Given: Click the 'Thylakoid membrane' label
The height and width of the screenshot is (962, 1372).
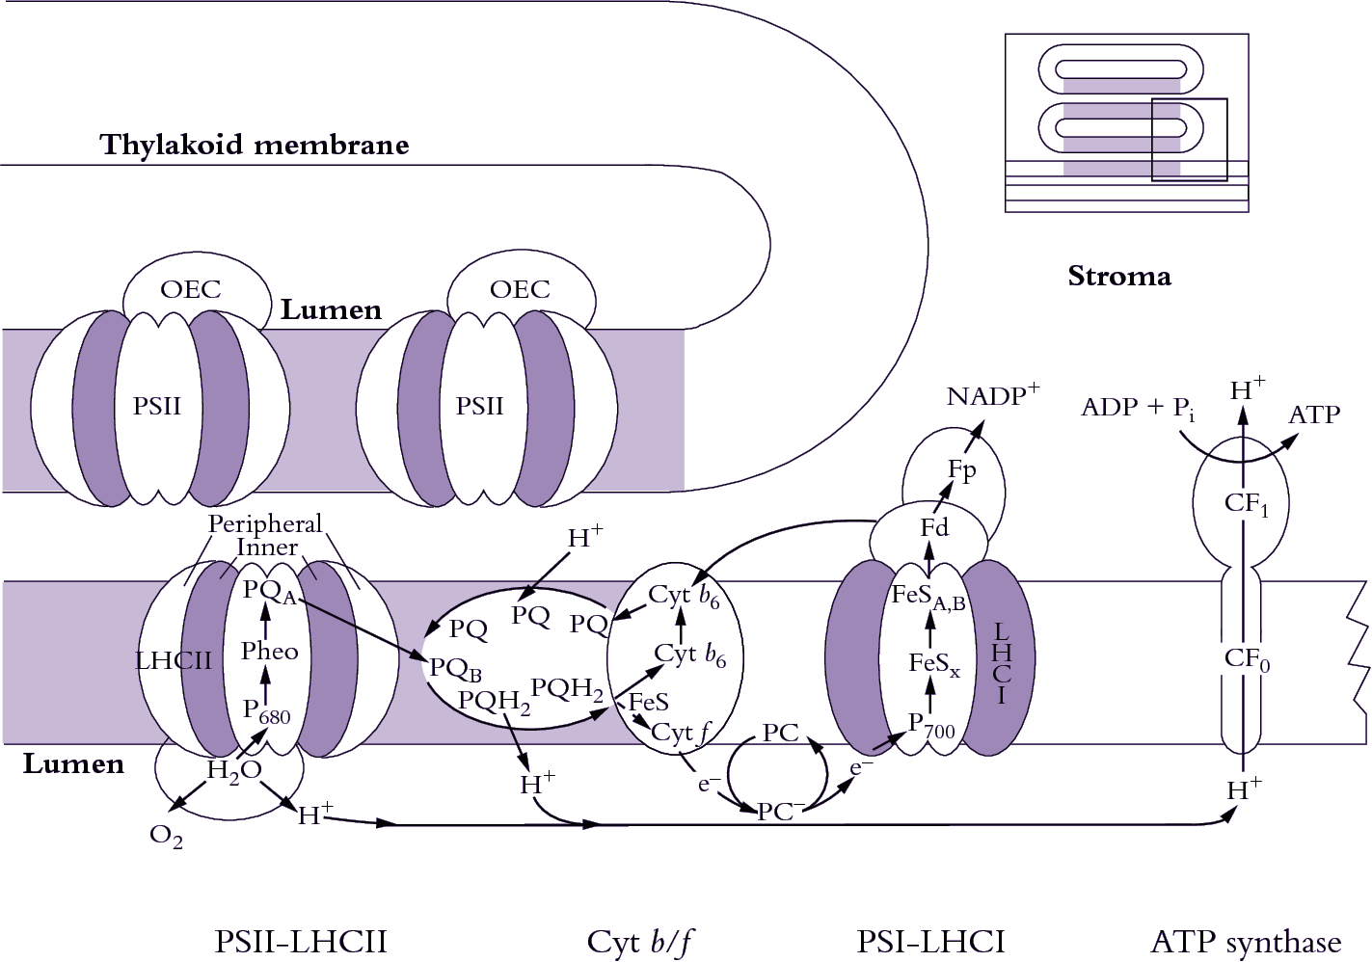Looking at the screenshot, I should tap(254, 145).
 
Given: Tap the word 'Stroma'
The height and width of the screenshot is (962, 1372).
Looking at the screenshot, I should tap(1119, 277).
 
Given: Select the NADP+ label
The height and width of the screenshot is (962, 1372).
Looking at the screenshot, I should tap(992, 395).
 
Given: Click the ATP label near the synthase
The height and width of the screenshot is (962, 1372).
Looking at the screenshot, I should tap(1314, 414).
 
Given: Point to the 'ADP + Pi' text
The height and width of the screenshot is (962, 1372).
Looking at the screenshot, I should tap(1138, 408).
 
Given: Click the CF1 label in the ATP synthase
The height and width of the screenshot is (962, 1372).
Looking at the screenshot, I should tap(1246, 503).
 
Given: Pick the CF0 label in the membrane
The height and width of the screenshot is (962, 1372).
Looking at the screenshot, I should tap(1247, 659).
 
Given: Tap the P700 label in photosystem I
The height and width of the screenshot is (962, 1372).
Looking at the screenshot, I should tap(931, 726).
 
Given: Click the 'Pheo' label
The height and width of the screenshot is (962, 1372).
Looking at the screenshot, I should tap(269, 652).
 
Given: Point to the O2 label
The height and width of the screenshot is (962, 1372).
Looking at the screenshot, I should tap(166, 836).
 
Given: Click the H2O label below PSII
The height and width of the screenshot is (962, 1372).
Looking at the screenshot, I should tap(234, 770).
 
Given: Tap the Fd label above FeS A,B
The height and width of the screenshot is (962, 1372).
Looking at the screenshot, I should tap(934, 527).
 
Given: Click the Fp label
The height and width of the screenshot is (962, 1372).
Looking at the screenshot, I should tap(961, 470).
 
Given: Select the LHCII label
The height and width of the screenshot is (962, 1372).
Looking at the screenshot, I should tap(174, 661).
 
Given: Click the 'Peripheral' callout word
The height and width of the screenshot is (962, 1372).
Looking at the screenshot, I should tap(265, 523).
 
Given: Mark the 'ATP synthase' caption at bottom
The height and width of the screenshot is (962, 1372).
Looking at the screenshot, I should tap(1246, 942).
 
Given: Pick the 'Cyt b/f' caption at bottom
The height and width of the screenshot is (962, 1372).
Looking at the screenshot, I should tap(640, 942).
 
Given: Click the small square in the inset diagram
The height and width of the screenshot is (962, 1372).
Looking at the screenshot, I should tap(1189, 140).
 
